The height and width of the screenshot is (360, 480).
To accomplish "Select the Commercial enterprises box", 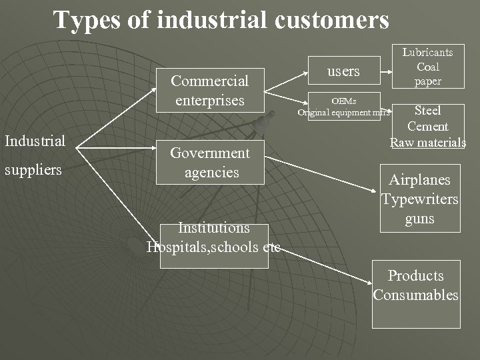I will coord(209,91).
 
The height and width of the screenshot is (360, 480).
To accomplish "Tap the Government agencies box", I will coord(210,162).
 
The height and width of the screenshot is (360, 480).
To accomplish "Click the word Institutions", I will coord(213,228).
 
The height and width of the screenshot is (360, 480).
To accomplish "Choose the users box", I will coord(344,71).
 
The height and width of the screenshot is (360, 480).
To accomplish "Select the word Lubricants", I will coord(427,52).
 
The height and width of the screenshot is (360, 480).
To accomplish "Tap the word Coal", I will coord(427,67).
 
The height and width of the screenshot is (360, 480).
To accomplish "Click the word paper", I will coord(427,81).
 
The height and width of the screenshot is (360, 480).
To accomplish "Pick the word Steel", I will coord(427,111).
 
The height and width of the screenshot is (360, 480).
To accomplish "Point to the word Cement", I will coord(427,127).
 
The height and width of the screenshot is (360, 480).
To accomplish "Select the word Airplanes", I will coord(420,180).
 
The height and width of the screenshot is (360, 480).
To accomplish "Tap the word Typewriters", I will coord(420,199).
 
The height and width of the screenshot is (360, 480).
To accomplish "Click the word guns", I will coord(420,219).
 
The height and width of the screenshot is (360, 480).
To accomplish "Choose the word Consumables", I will coord(416,295).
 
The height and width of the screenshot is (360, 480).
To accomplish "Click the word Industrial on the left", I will coord(35,141).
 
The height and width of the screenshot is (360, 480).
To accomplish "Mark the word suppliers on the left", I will coord(33,170).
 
